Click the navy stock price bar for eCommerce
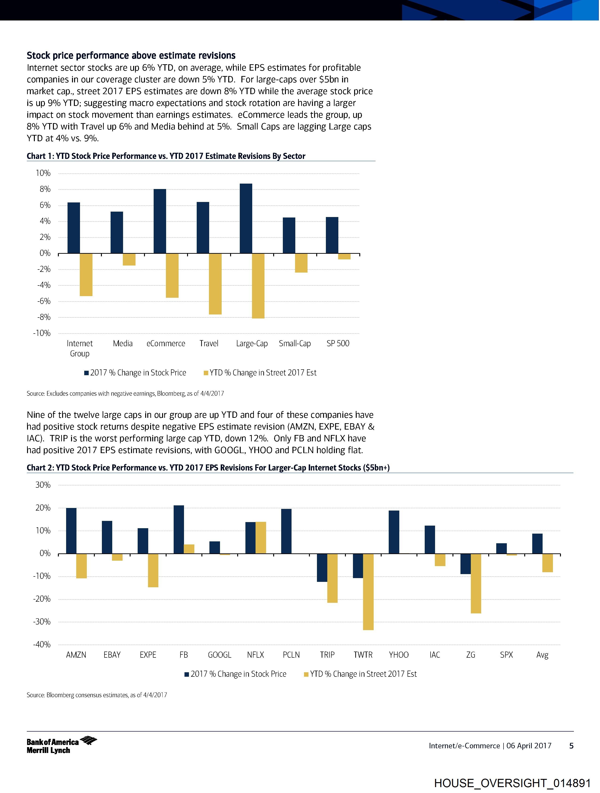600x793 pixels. tap(160, 221)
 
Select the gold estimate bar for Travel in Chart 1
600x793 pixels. tap(215, 284)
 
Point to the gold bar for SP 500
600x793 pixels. tap(344, 256)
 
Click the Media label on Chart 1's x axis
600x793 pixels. tap(123, 343)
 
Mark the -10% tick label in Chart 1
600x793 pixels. tap(42, 333)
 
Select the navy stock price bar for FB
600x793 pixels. tap(179, 530)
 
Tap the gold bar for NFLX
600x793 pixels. tap(260, 538)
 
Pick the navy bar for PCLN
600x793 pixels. tap(286, 531)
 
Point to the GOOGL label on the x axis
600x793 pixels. tap(219, 655)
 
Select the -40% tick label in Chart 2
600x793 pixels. tap(42, 644)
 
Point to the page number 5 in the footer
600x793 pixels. tap(571, 746)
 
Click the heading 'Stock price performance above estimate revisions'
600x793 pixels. tap(131, 56)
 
